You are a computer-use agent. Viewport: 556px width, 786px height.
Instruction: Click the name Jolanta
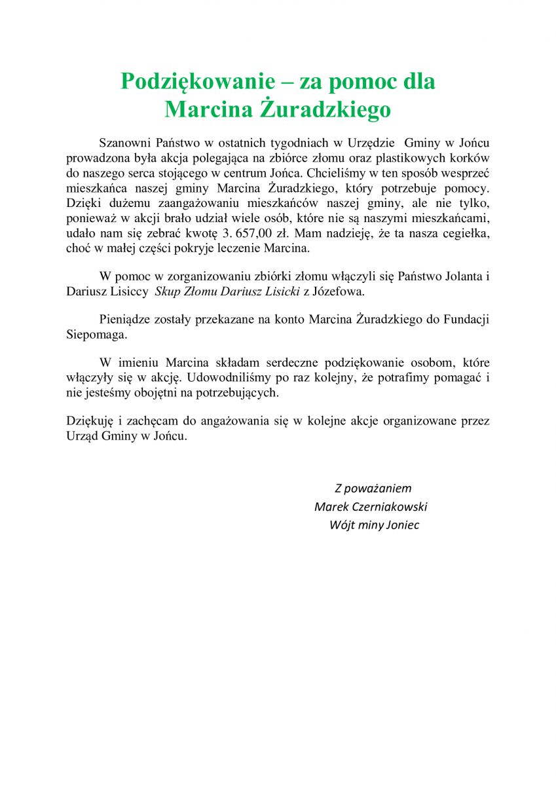459,276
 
